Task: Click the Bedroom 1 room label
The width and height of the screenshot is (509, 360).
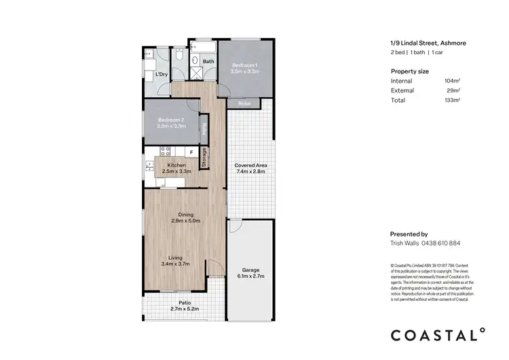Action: point(245,64)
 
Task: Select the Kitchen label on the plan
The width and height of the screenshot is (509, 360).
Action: point(176,165)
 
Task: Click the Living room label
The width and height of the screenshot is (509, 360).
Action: point(176,257)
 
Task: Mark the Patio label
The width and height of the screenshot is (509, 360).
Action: point(185,303)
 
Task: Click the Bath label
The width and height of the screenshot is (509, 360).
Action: point(208,61)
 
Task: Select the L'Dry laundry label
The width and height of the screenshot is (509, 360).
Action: point(162,75)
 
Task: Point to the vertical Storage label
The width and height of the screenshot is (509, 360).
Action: point(204,158)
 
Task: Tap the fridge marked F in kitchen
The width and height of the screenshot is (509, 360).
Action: point(191,152)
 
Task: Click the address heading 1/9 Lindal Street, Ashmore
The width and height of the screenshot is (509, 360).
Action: point(428,44)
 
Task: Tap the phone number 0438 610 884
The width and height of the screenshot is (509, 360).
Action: point(442,243)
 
